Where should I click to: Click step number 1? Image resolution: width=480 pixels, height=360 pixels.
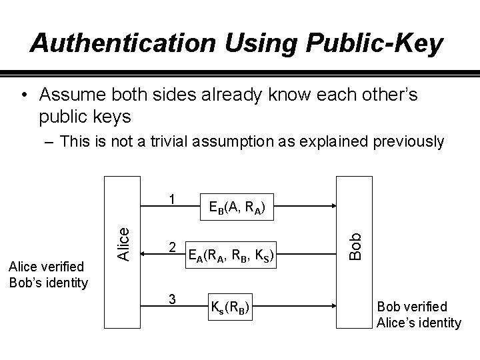pos(172,199)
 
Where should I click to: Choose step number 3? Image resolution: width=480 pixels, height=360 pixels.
pos(172,299)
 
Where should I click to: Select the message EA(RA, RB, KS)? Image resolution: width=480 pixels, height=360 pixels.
pos(232,253)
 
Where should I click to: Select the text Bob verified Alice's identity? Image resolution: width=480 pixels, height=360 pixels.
pos(419,315)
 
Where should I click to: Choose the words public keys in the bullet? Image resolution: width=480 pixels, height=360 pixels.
pos(84,117)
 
